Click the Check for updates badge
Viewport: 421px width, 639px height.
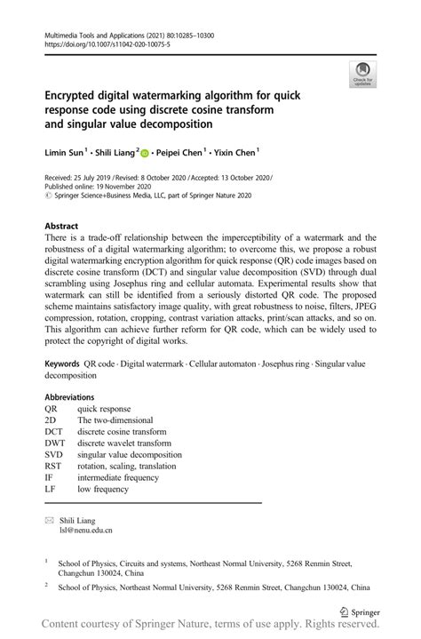[x=361, y=75]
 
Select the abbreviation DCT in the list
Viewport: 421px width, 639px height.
[x=54, y=432]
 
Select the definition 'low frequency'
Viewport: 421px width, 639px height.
[x=102, y=488]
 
